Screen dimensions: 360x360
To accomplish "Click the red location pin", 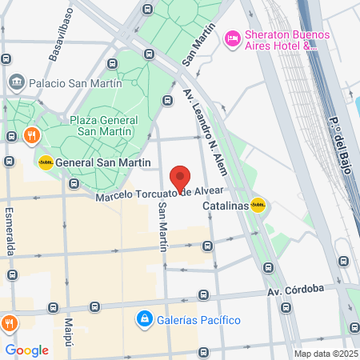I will [181, 178].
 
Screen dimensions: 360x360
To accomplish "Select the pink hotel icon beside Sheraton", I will [233, 38].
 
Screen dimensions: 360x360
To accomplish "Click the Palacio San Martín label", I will [75, 82].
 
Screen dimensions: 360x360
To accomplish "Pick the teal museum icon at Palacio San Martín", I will [17, 82].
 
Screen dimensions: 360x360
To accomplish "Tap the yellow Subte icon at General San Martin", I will [46, 162].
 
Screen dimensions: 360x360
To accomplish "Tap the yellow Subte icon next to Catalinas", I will [258, 205].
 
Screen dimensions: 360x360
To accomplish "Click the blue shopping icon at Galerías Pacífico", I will [144, 320].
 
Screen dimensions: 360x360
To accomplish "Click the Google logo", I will [26, 350].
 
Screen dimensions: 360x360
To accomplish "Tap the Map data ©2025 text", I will [324, 354].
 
